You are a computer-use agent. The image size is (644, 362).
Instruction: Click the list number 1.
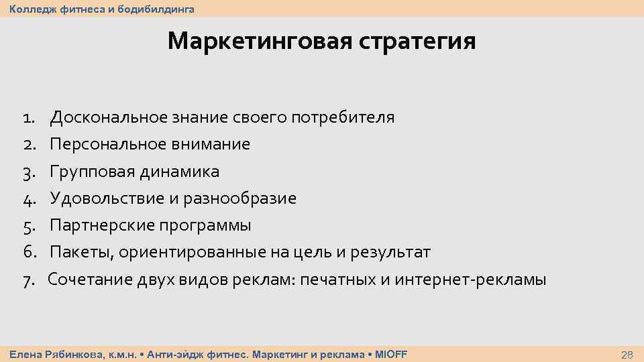point(28,118)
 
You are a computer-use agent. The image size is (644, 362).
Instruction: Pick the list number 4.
point(28,199)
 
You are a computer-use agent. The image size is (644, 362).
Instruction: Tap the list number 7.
point(28,280)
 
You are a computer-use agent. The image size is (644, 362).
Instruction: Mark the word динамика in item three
point(180,172)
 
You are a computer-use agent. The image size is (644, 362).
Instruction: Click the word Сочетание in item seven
point(87,280)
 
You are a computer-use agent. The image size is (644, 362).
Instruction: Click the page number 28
point(627,355)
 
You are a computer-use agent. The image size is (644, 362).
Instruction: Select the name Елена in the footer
point(23,354)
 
